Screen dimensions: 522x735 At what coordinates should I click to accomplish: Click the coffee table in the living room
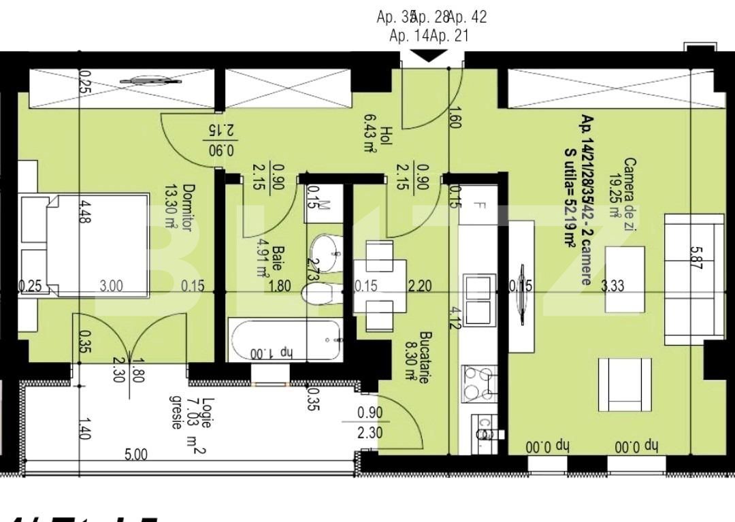point(625,280)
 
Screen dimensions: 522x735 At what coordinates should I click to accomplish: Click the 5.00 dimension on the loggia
point(136,454)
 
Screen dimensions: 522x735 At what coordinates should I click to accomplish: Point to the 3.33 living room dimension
point(613,287)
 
